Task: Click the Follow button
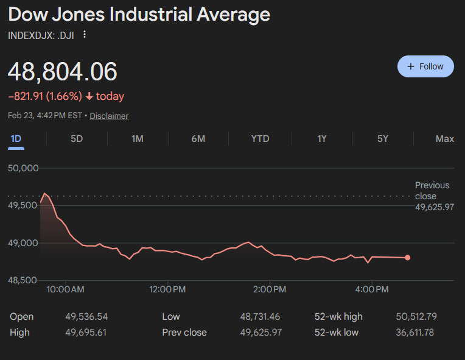pyautogui.click(x=425, y=66)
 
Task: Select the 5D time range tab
pyautogui.click(x=77, y=138)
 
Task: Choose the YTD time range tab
pyautogui.click(x=260, y=138)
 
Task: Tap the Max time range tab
pyautogui.click(x=444, y=138)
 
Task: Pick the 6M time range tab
pyautogui.click(x=198, y=138)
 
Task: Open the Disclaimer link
pyautogui.click(x=109, y=116)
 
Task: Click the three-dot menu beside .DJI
pyautogui.click(x=85, y=35)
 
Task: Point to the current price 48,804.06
pyautogui.click(x=62, y=72)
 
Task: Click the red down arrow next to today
pyautogui.click(x=89, y=96)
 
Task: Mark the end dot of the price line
pyautogui.click(x=407, y=258)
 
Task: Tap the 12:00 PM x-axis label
pyautogui.click(x=167, y=289)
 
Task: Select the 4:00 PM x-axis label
pyautogui.click(x=372, y=289)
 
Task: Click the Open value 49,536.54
pyautogui.click(x=86, y=317)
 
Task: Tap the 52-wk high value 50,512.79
pyautogui.click(x=416, y=317)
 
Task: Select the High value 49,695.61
pyautogui.click(x=86, y=333)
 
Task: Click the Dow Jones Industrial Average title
pyautogui.click(x=139, y=15)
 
